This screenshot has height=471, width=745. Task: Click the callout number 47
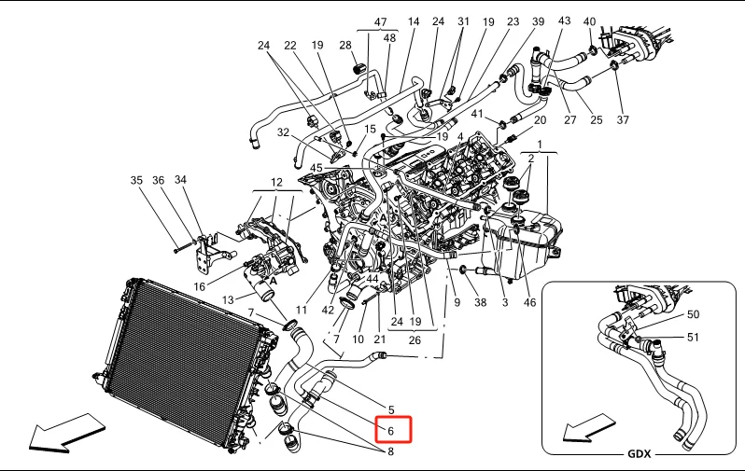click(380, 21)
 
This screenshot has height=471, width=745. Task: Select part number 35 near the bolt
click(136, 181)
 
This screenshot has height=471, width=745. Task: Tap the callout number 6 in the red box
click(391, 431)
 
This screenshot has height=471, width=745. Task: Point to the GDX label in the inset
click(639, 454)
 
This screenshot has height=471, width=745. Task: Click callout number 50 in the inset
click(693, 315)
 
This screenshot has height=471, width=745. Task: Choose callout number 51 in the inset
click(693, 337)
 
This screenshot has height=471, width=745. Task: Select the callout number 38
click(480, 303)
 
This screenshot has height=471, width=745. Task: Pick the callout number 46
click(530, 303)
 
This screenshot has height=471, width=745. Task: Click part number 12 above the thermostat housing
click(276, 181)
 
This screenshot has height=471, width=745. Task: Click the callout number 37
click(623, 121)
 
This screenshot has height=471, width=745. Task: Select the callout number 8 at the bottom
click(391, 452)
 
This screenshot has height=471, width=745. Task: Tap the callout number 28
click(345, 46)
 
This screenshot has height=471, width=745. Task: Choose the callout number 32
click(283, 133)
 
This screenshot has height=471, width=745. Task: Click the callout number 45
click(316, 168)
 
